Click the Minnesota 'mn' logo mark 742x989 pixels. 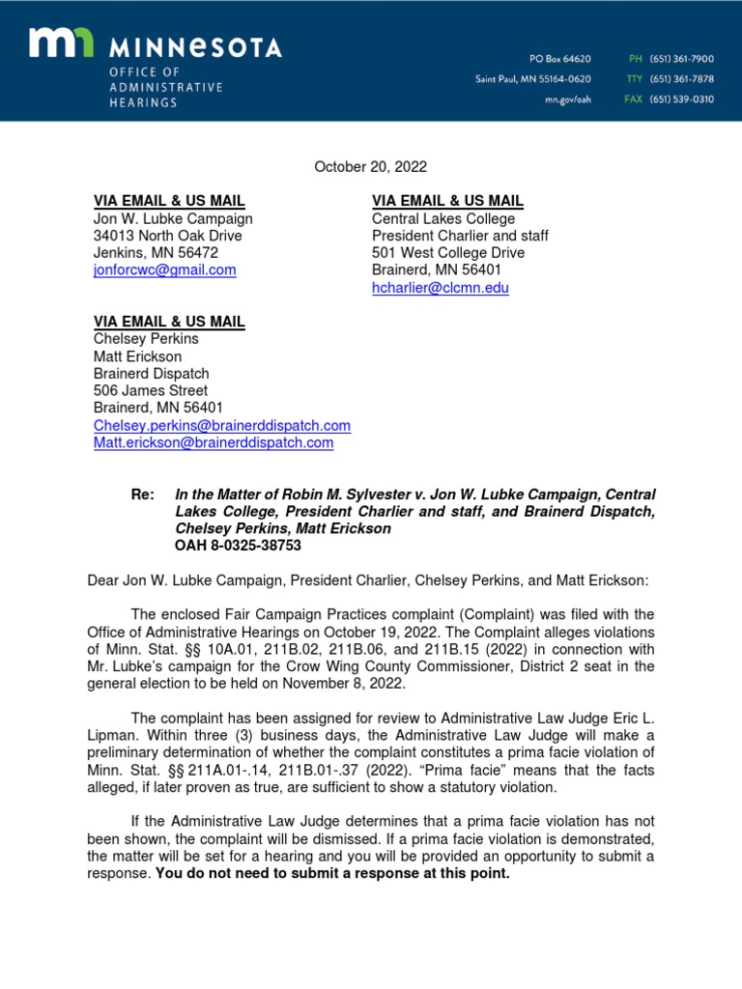pyautogui.click(x=60, y=44)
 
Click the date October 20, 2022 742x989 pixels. pyautogui.click(x=370, y=167)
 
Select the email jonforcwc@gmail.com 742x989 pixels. pyautogui.click(x=164, y=270)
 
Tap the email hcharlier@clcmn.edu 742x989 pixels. pyautogui.click(x=440, y=288)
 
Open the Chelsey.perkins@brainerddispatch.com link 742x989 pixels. pyautogui.click(x=221, y=426)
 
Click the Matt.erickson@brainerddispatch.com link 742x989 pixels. pyautogui.click(x=213, y=443)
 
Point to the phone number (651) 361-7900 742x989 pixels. pyautogui.click(x=681, y=59)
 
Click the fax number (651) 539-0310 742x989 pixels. pyautogui.click(x=681, y=99)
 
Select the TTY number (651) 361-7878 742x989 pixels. pyautogui.click(x=681, y=79)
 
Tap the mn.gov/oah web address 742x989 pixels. pyautogui.click(x=566, y=99)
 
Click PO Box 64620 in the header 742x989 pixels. pyautogui.click(x=559, y=59)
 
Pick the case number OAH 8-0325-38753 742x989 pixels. pyautogui.click(x=238, y=546)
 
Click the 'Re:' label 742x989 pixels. pyautogui.click(x=142, y=494)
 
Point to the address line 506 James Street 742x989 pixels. pyautogui.click(x=150, y=391)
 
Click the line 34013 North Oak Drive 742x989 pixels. pyautogui.click(x=167, y=236)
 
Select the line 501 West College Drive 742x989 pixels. pyautogui.click(x=448, y=253)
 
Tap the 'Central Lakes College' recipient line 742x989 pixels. pyautogui.click(x=443, y=218)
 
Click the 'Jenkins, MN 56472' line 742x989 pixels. pyautogui.click(x=156, y=253)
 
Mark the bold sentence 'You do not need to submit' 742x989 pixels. pyautogui.click(x=332, y=874)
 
